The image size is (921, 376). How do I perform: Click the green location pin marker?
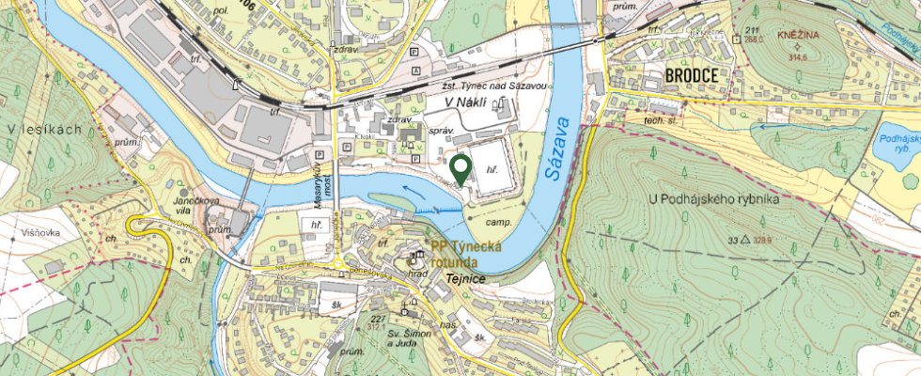[x=460, y=168]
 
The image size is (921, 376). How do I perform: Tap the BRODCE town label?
[x=691, y=75]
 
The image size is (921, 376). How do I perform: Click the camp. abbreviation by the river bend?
[x=498, y=224]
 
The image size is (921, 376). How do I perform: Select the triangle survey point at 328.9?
[x=745, y=241]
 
